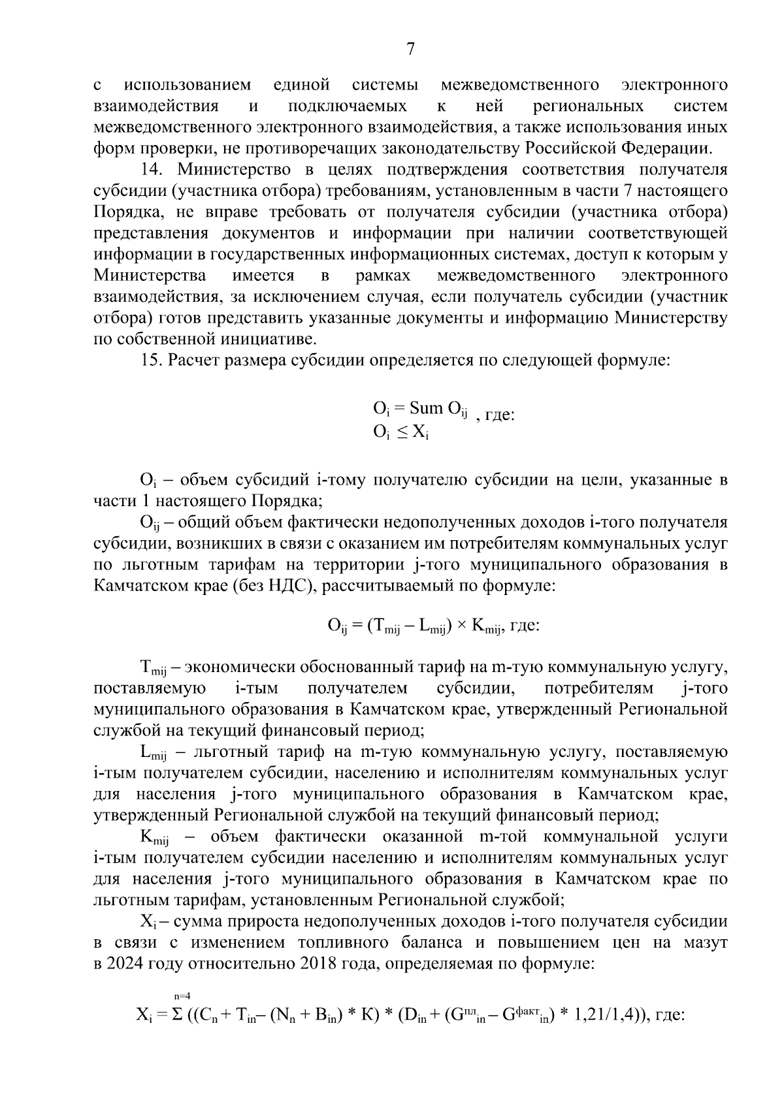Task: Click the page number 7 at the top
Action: point(410,49)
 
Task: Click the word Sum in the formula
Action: point(426,409)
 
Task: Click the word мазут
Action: point(702,942)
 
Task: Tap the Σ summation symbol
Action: point(175,1016)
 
